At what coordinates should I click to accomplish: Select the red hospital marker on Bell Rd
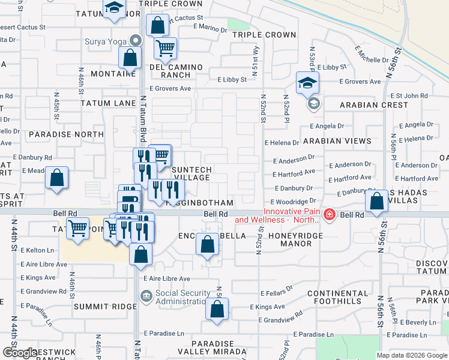[x=329, y=215]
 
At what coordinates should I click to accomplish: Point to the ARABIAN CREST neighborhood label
[x=373, y=105]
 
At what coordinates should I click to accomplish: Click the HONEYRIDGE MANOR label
[x=292, y=240]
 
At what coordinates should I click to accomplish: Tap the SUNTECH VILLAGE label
[x=191, y=174]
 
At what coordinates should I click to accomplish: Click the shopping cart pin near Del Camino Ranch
[x=165, y=48]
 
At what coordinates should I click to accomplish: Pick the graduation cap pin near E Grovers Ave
[x=307, y=83]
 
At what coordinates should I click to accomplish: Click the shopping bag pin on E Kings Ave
[x=217, y=308]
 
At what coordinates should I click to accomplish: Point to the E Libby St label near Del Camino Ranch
[x=232, y=79]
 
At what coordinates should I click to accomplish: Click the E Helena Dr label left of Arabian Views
[x=282, y=143]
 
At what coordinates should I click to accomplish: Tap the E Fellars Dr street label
[x=276, y=293]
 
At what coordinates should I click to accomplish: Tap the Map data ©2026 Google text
[x=411, y=355]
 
